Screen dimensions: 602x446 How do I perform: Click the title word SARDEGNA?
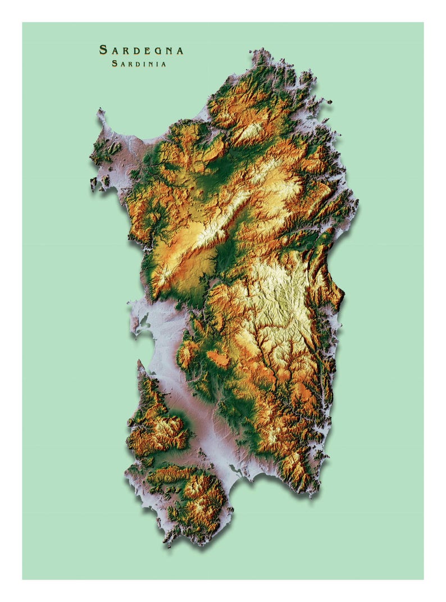pos(141,50)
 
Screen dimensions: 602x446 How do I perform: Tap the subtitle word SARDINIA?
pos(139,64)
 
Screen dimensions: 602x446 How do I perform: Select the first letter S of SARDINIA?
pos(115,64)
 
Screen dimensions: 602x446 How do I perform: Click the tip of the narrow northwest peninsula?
pos(100,112)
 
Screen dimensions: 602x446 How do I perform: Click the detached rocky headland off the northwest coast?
pos(93,183)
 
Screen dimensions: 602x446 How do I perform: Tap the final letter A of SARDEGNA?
pos(180,50)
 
